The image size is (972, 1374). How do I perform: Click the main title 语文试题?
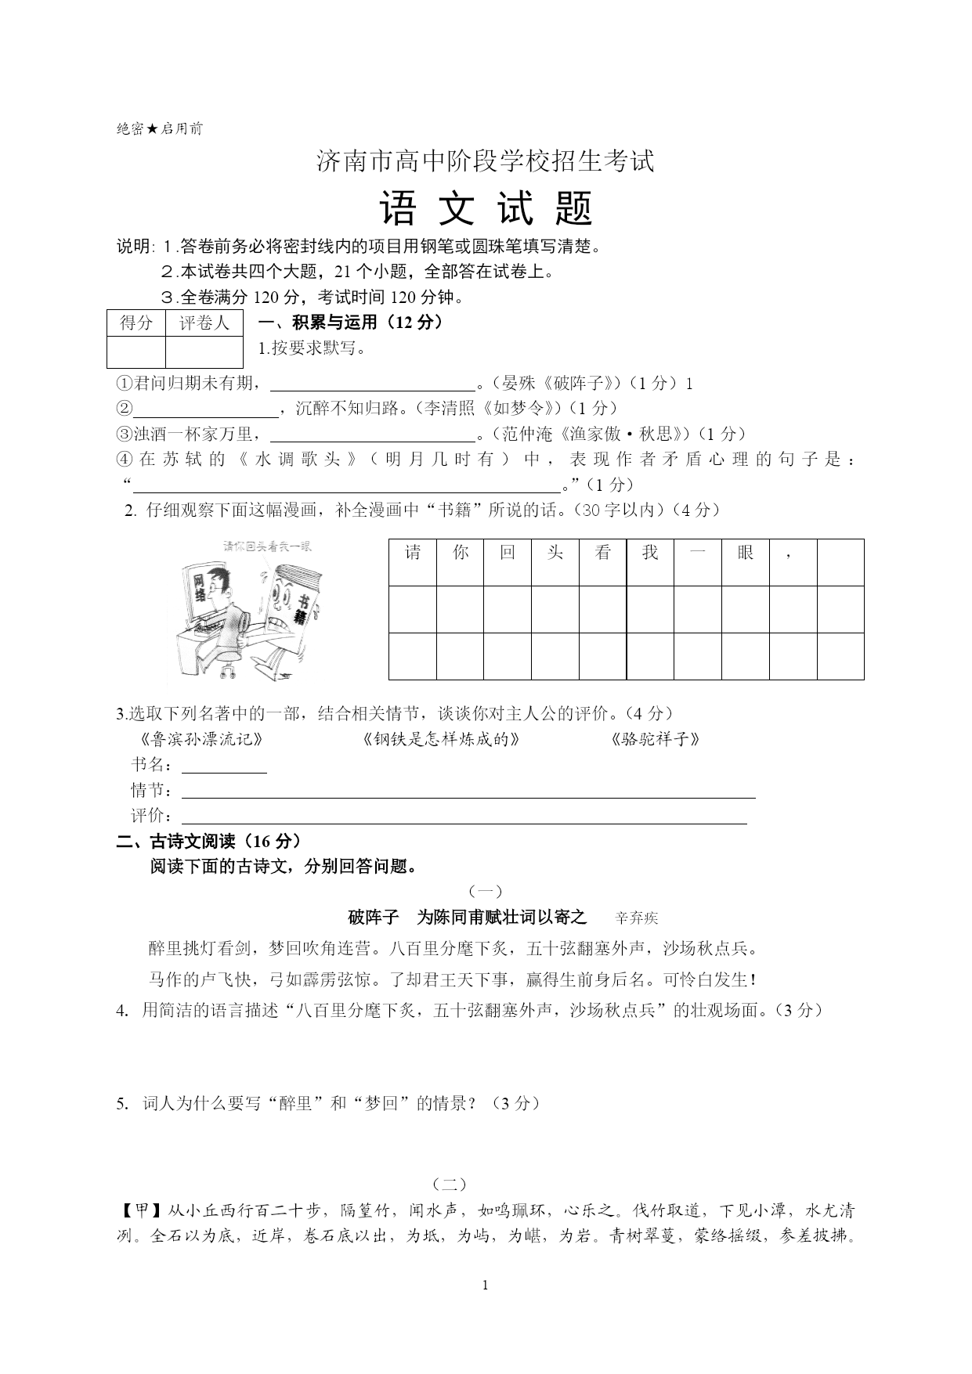(x=486, y=209)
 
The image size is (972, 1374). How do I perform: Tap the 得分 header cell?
(x=136, y=323)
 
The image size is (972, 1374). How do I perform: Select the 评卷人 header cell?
(x=204, y=323)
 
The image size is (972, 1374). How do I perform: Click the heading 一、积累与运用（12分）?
(x=350, y=323)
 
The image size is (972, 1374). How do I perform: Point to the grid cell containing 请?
(x=413, y=561)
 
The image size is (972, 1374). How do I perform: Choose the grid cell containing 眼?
(x=745, y=561)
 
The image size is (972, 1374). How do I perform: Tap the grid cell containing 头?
(x=555, y=561)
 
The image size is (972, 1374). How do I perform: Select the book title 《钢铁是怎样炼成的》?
(x=442, y=739)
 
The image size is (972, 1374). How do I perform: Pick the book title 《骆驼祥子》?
(x=654, y=739)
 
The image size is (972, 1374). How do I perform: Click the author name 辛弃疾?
(x=636, y=918)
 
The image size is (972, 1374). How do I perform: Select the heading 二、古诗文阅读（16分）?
(x=208, y=841)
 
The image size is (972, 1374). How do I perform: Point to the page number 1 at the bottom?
(x=486, y=1285)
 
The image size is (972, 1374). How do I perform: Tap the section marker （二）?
(x=449, y=1184)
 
